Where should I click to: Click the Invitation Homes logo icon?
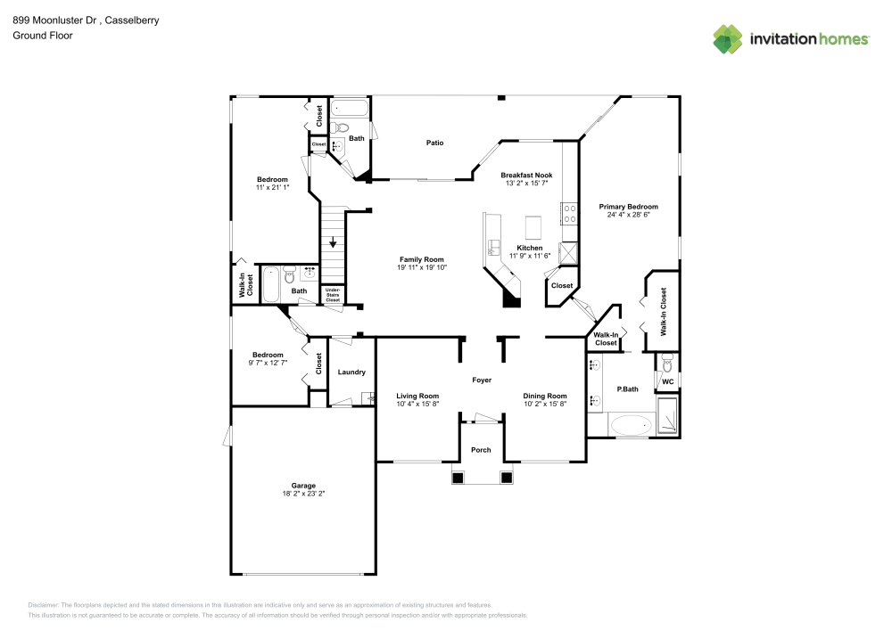click(x=728, y=38)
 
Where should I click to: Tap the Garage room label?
click(x=303, y=486)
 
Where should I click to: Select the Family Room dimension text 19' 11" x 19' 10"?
click(x=422, y=267)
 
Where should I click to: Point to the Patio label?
click(x=434, y=143)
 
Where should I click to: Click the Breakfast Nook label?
click(x=526, y=175)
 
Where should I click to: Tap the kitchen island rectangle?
click(x=535, y=223)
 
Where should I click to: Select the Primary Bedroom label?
click(x=629, y=206)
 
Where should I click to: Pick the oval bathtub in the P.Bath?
click(x=632, y=425)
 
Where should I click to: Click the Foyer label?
click(x=482, y=380)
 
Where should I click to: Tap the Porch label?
click(x=481, y=450)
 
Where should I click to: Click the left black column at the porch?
click(x=458, y=478)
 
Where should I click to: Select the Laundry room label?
click(x=351, y=372)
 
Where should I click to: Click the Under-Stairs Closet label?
click(x=333, y=295)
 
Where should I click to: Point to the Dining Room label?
click(x=544, y=396)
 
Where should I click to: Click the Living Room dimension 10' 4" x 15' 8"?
click(x=417, y=404)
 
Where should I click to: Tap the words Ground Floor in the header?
click(x=43, y=36)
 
